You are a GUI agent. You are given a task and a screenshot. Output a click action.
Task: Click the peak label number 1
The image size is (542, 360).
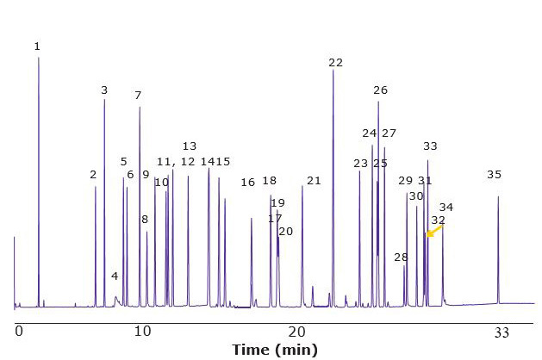[37, 46]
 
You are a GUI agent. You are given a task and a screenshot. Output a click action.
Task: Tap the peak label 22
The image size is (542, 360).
[335, 62]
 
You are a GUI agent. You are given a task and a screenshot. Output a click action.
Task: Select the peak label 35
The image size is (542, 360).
[494, 174]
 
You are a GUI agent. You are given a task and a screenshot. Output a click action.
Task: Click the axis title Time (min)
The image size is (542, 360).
[274, 349]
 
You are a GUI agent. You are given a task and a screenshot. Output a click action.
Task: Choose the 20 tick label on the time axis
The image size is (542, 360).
[297, 331]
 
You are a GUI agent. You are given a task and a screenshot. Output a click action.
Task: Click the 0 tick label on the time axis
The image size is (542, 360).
[18, 331]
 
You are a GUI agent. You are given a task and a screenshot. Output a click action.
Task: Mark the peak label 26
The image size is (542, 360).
[380, 90]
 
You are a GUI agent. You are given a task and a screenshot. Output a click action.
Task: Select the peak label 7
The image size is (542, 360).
[138, 95]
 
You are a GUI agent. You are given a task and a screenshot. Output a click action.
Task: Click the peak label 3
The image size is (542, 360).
[104, 90]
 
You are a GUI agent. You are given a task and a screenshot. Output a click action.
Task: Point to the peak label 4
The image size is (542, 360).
[115, 276]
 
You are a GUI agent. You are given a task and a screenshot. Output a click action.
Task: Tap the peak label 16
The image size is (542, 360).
[248, 182]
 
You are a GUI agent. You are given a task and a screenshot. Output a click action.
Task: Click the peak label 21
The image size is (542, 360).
[314, 180]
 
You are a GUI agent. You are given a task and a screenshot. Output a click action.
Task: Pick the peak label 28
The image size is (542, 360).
[401, 257]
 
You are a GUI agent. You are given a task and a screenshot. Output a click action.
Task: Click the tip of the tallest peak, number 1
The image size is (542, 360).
[38, 58]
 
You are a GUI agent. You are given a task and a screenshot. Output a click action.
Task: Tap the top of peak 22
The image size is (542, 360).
[333, 70]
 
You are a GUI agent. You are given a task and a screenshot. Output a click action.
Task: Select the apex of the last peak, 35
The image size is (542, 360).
[498, 196]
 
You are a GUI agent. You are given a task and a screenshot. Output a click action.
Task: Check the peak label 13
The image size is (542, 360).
[190, 146]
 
